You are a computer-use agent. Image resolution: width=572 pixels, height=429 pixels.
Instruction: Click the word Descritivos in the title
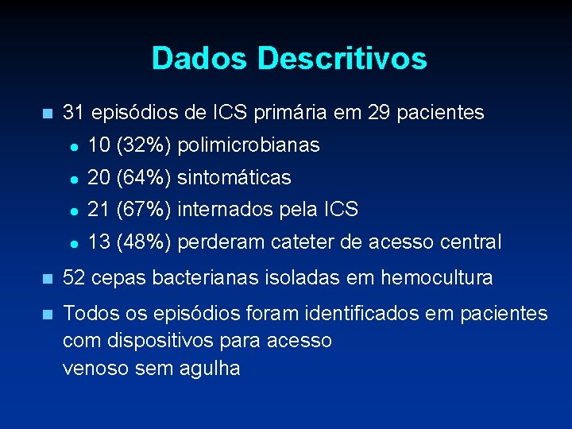[342, 59]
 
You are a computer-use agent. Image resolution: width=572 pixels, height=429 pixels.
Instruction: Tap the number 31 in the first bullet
[74, 113]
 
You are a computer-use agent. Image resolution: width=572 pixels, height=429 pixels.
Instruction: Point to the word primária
[283, 114]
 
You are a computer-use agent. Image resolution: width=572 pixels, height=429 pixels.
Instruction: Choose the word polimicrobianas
[249, 145]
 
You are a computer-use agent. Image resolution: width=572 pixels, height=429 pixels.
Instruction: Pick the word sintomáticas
[234, 177]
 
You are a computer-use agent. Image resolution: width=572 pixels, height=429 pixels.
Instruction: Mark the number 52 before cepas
[74, 278]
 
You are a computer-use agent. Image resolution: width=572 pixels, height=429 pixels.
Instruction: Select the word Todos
[85, 314]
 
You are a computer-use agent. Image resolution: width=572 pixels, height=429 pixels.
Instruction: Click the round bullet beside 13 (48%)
[73, 242]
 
